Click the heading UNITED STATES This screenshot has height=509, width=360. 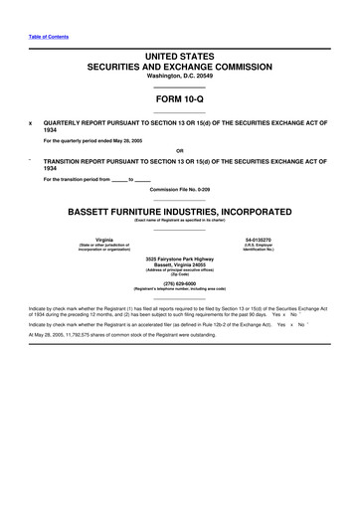(180, 62)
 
